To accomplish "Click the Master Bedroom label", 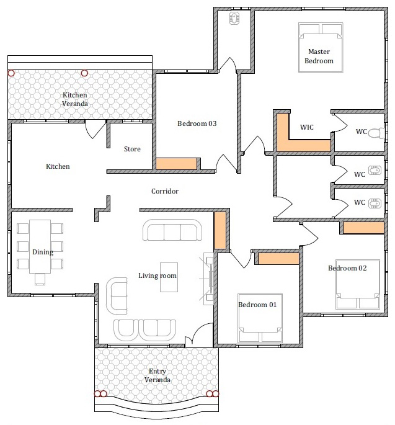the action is [319, 56].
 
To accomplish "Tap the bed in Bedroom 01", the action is [260, 318].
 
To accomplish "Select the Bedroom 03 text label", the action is [197, 123].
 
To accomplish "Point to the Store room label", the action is [132, 149].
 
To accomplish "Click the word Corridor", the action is [165, 191].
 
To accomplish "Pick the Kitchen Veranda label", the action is [75, 99].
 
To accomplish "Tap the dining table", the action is [40, 246].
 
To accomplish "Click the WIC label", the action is [307, 127].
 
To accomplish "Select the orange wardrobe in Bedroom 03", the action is [176, 164].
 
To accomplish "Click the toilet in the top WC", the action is [376, 133].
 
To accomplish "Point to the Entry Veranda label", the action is [157, 375].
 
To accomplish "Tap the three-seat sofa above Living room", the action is [172, 230].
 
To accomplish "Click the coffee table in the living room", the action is [169, 277].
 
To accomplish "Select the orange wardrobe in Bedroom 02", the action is [363, 228].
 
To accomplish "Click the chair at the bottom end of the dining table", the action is [40, 279].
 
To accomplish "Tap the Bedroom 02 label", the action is [347, 268].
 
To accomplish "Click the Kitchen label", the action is [58, 166].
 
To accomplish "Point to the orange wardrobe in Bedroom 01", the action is [278, 259].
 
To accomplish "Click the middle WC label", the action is [360, 174].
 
